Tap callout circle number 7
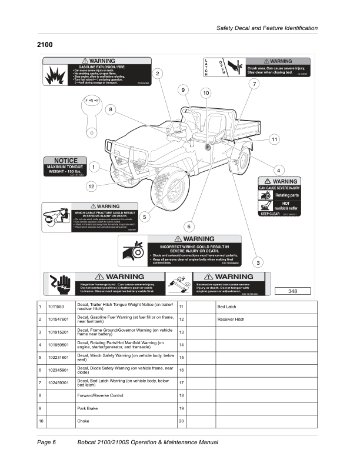[x=254, y=84]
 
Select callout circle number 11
[x=274, y=139]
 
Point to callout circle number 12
[x=91, y=187]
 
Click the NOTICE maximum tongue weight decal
[x=66, y=167]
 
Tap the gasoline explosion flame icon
[x=58, y=74]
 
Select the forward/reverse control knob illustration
[x=93, y=112]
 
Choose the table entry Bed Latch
[x=227, y=307]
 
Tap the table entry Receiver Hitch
[x=230, y=319]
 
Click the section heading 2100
[x=45, y=45]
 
